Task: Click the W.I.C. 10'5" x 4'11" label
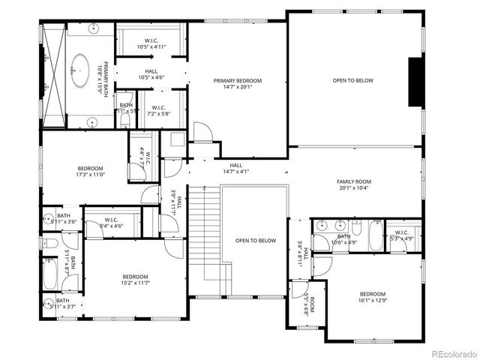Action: click(x=151, y=43)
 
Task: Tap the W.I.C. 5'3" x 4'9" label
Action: click(x=401, y=235)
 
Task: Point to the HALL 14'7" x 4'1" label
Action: click(x=235, y=168)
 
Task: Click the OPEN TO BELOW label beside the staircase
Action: click(x=256, y=241)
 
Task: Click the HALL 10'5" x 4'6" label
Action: click(x=151, y=74)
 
